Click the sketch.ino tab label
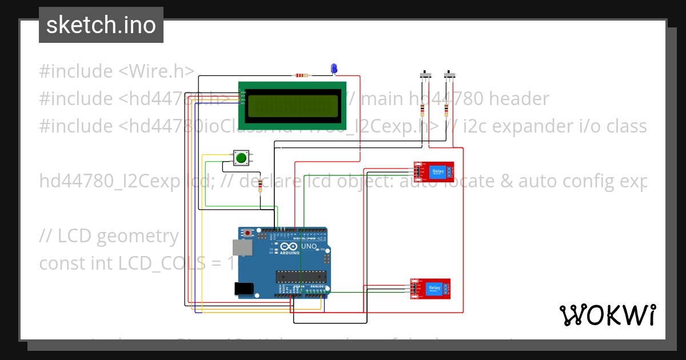101,25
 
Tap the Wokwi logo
607,315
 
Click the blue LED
334,69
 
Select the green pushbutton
241,158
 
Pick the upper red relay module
434,171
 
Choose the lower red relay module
430,289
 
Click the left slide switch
425,75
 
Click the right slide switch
449,75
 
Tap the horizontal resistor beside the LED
300,75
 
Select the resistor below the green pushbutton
261,185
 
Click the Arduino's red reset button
248,233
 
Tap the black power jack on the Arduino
245,289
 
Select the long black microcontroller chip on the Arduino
301,277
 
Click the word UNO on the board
309,246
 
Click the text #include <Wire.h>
117,71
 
